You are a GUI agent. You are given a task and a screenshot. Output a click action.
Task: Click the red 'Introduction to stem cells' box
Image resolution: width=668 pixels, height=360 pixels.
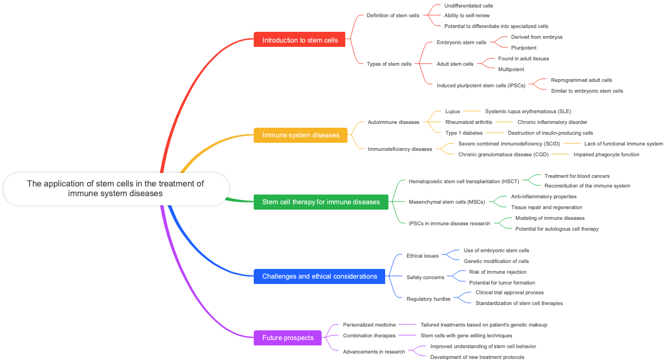click(x=300, y=40)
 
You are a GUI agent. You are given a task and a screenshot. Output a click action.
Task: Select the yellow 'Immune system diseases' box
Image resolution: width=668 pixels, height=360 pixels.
click(x=301, y=135)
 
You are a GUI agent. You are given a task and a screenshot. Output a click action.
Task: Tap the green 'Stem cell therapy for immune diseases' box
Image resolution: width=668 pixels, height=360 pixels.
click(x=321, y=202)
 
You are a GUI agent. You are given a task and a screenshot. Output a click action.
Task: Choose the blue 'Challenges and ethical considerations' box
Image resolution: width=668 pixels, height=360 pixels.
click(x=319, y=276)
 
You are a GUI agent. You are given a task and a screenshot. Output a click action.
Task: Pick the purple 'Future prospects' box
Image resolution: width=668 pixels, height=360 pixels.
click(x=288, y=338)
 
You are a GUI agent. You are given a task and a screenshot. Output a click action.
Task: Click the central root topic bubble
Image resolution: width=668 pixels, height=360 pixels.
click(x=116, y=189)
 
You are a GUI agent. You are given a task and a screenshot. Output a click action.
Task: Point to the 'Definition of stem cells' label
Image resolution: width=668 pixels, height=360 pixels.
click(x=393, y=16)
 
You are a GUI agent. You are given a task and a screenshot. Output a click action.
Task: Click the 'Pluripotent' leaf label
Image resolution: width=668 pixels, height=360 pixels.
click(x=524, y=48)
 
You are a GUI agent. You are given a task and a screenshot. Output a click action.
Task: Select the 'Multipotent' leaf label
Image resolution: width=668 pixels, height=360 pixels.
click(x=511, y=70)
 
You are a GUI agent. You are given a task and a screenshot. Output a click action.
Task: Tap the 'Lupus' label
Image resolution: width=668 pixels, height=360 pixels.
click(x=453, y=112)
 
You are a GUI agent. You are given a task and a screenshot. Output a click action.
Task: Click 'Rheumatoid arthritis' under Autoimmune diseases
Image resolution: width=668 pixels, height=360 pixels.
click(x=469, y=122)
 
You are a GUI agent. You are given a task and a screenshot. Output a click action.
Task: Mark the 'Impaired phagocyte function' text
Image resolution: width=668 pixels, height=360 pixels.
click(x=606, y=155)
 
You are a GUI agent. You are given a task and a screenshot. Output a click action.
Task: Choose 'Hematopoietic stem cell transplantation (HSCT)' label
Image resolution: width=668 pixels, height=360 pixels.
click(x=464, y=182)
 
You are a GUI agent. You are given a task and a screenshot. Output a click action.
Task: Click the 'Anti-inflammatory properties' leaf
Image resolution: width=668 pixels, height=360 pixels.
click(x=544, y=197)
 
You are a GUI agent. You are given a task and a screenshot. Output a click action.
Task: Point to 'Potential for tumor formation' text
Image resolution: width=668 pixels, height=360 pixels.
click(x=502, y=283)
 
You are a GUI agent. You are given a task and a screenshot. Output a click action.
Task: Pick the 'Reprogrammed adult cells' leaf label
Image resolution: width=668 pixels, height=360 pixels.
click(x=581, y=80)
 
